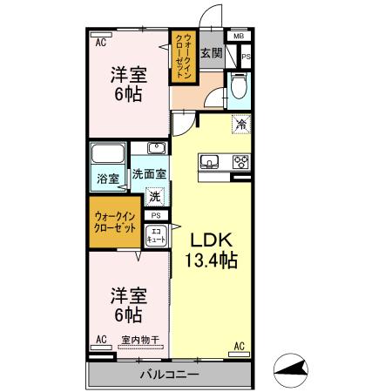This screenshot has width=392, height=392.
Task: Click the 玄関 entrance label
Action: (x=211, y=54)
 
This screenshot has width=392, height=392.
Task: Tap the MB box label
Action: (x=238, y=37)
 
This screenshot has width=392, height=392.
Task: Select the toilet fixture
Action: (x=239, y=86)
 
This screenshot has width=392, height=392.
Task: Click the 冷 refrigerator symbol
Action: (x=240, y=125)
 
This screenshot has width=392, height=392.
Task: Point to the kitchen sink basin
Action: (x=212, y=161)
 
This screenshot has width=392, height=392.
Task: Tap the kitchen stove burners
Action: (x=240, y=161)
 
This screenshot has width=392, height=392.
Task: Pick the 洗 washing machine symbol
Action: (x=155, y=196)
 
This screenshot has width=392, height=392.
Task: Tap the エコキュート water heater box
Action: (x=156, y=233)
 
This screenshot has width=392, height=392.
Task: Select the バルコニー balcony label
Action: (x=169, y=375)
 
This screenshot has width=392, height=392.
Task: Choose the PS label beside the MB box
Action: (x=246, y=57)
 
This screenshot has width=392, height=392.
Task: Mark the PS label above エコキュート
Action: (x=156, y=215)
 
